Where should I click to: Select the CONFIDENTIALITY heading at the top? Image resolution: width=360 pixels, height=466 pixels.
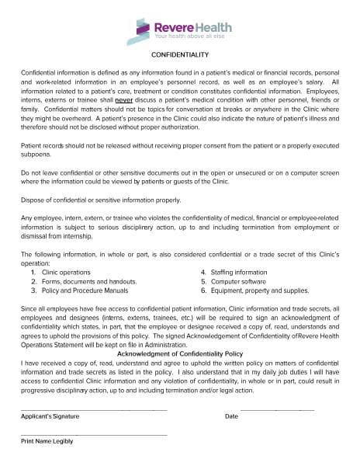click(179, 56)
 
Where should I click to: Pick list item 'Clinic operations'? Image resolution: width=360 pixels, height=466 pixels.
click(65, 272)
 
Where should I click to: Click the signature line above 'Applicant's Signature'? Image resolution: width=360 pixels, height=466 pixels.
click(93, 409)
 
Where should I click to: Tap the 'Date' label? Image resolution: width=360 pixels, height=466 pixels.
click(231, 416)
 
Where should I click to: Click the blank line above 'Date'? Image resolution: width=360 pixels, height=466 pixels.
click(277, 409)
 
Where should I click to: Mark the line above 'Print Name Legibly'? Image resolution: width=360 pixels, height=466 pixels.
click(93, 434)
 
